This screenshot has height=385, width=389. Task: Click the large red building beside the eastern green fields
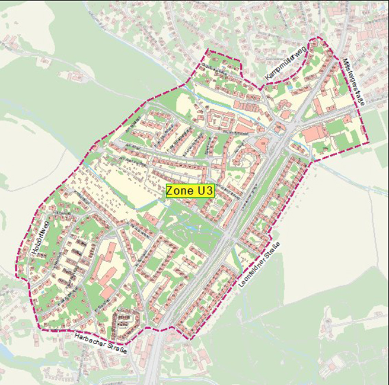[x=314, y=133]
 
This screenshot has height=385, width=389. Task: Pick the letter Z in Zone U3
[x=170, y=191]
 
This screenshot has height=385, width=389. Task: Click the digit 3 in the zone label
[x=207, y=191]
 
